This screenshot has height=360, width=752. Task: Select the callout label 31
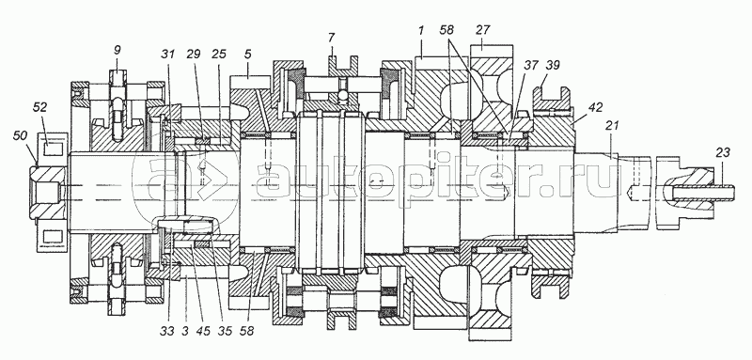click(167, 55)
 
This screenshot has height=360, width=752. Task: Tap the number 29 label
click(194, 55)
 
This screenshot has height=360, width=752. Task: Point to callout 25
click(219, 55)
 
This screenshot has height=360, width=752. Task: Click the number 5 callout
click(247, 55)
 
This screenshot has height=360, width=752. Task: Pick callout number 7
click(332, 38)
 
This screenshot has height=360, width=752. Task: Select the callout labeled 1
click(420, 31)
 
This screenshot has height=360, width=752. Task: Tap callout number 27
click(483, 30)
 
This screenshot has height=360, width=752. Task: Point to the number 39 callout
click(553, 65)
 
